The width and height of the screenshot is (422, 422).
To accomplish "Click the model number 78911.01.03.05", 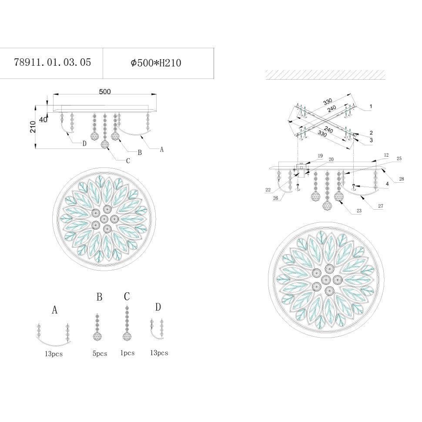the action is point(53,63).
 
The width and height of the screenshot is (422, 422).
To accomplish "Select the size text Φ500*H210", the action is point(156,63).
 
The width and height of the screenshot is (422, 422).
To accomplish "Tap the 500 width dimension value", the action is point(105,91).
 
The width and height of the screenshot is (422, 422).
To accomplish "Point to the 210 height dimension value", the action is point(33,127).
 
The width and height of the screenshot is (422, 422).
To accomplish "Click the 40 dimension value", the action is point(43,120).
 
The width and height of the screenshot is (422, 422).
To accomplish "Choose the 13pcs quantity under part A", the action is point(54,354).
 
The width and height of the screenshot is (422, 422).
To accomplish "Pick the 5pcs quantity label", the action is point(100,354).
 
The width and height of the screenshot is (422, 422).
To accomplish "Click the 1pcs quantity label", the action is point(127,353).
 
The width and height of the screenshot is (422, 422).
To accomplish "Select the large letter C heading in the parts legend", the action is point(127,296).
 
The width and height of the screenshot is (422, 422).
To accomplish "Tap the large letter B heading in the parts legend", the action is point(99,297).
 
